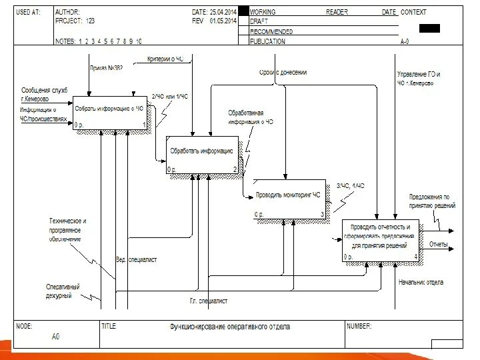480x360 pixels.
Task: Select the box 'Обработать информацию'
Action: (202, 154)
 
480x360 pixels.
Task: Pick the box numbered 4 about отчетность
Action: (381, 240)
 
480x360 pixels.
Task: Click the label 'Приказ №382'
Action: (106, 67)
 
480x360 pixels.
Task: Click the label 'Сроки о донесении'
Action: (283, 72)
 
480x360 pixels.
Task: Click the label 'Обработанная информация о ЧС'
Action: (251, 117)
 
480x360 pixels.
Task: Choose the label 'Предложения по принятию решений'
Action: (432, 201)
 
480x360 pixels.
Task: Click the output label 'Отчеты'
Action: (438, 244)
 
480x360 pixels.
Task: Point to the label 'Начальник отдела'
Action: (421, 282)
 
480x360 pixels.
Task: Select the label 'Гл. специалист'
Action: (209, 301)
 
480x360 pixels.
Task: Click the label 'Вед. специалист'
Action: (136, 259)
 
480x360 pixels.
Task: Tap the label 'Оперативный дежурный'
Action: (59, 291)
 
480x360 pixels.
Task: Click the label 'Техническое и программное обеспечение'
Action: (68, 229)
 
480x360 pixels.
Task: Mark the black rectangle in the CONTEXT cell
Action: (429, 28)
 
